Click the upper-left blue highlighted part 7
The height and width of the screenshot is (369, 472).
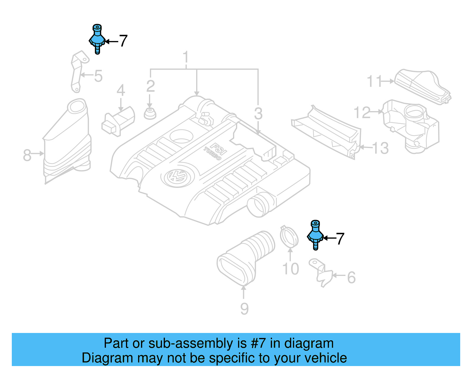coord(97,39)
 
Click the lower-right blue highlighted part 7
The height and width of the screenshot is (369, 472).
coord(315,235)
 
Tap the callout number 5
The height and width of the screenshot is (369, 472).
coord(98,76)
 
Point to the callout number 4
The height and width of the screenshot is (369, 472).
coord(121,90)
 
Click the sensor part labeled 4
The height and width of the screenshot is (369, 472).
coord(118,121)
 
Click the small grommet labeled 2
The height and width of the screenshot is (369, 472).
coord(150,113)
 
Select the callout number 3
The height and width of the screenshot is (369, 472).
coord(258,114)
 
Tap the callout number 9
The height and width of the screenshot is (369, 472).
coord(244,309)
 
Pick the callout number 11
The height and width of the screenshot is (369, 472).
coord(374,81)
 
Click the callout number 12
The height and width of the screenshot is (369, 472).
coord(362,113)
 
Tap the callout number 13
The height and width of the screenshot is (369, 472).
coord(380,148)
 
